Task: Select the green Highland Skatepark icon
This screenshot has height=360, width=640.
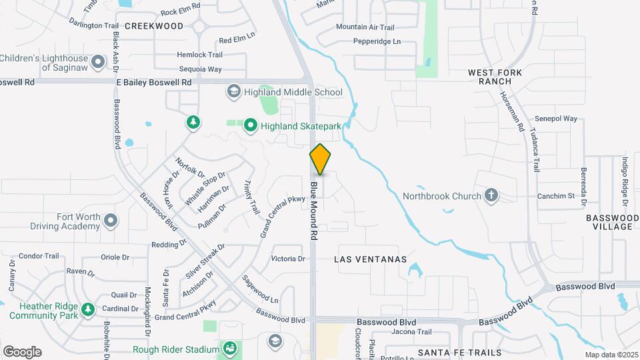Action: click(251, 125)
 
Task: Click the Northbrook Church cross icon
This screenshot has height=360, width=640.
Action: click(491, 195)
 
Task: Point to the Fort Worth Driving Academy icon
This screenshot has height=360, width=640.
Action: click(111, 221)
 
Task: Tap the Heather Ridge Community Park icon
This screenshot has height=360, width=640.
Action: click(89, 309)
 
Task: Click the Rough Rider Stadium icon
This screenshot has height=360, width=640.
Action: click(229, 349)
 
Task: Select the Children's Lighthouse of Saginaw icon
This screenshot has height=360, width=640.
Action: click(99, 63)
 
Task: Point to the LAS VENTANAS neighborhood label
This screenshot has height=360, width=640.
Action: click(370, 259)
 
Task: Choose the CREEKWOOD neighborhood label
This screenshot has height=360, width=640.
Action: click(154, 26)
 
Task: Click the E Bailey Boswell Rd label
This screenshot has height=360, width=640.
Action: click(154, 82)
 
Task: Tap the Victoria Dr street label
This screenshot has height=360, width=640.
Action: click(288, 259)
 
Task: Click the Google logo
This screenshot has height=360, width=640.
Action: click(22, 352)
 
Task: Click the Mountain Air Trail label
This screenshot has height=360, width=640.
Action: click(365, 27)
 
